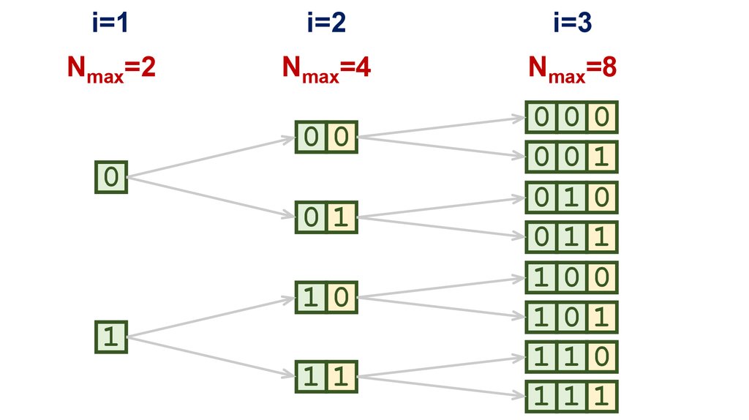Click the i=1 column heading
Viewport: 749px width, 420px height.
110,24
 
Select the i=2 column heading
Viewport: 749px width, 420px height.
325,24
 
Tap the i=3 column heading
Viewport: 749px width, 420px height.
572,24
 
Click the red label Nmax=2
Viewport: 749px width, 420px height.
110,69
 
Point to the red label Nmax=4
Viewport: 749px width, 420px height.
325,69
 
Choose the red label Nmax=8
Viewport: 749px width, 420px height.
572,69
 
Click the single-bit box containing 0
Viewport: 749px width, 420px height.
111,177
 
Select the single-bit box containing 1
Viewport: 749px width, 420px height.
111,337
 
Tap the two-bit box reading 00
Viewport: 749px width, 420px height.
326,137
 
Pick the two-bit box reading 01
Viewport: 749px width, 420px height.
326,217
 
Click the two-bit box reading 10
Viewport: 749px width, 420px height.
326,297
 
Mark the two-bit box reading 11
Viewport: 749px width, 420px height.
326,376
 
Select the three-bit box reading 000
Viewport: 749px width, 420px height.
572,117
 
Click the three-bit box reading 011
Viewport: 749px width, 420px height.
572,237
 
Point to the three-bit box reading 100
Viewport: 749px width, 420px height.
572,277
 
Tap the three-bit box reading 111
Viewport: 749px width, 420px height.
572,397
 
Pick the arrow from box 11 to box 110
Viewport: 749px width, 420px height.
442,368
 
